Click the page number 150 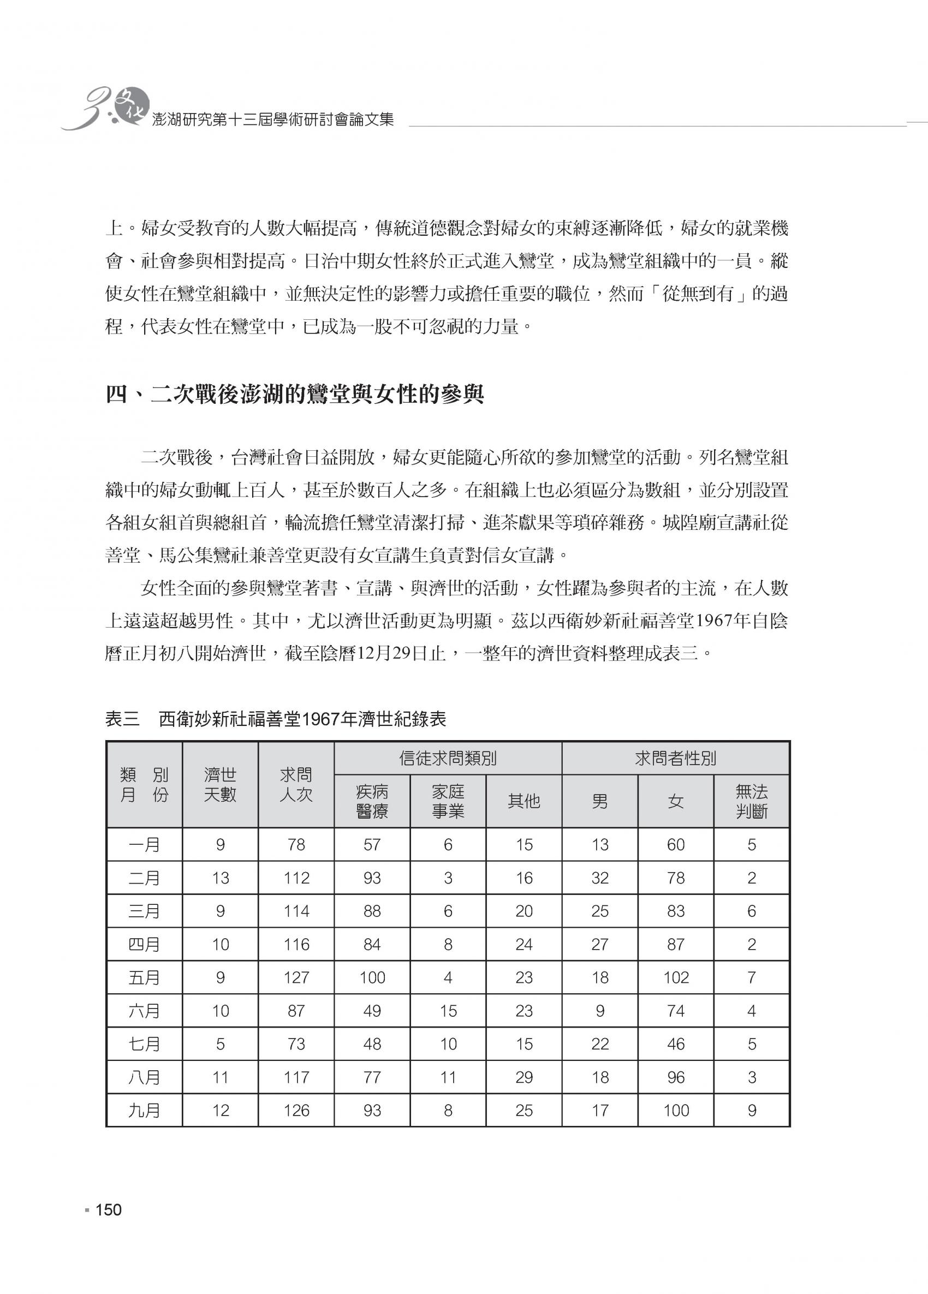[108, 1210]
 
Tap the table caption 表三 [122, 719]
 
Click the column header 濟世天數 [221, 784]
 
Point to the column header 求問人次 [296, 784]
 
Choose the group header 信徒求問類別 [448, 758]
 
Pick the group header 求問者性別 [675, 758]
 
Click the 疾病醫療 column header [372, 801]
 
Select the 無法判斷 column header [751, 801]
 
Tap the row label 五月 [145, 978]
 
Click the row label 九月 [145, 1110]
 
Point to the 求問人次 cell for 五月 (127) [296, 978]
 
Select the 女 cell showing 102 [676, 978]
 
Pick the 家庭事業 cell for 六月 [448, 1011]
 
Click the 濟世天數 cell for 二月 [221, 878]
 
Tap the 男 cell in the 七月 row [600, 1044]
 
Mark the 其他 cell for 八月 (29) [524, 1077]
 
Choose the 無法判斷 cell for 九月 [752, 1110]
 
